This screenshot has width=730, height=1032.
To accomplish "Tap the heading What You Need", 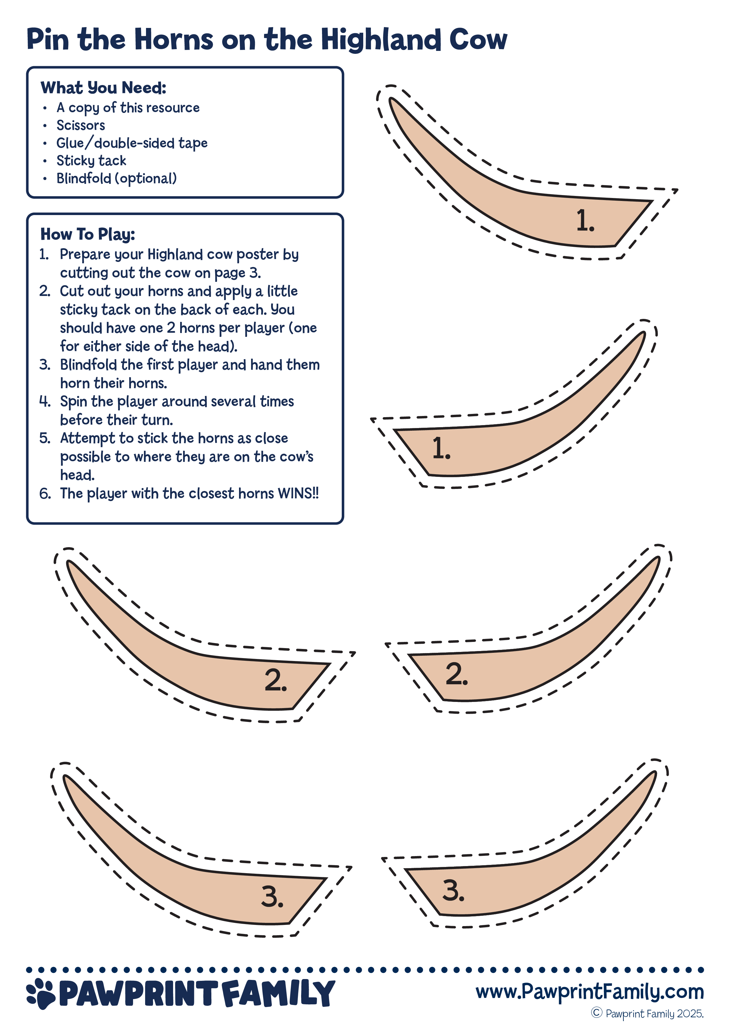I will click(103, 88).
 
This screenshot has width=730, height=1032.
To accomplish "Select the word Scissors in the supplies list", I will click(81, 125).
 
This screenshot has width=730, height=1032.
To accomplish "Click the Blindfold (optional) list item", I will click(117, 179).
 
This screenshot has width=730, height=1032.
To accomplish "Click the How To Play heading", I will click(88, 234).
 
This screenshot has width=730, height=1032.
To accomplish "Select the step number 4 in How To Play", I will click(44, 401).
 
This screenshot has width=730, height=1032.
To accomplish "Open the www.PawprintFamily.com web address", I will click(589, 991).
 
